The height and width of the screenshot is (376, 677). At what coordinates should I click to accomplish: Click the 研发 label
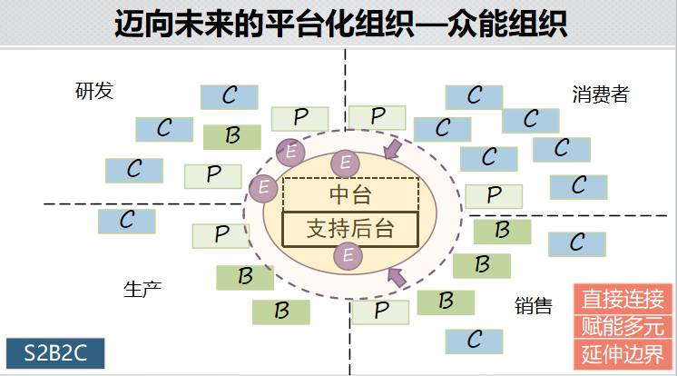tap(94, 91)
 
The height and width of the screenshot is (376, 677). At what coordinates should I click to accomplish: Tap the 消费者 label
tap(601, 94)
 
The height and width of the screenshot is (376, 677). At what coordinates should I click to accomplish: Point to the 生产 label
tap(142, 289)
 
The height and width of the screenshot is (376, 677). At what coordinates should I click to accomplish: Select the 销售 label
tap(533, 306)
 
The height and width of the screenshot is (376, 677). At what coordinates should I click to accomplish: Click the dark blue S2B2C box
tap(55, 351)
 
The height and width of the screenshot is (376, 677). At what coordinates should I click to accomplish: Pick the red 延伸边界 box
tap(623, 354)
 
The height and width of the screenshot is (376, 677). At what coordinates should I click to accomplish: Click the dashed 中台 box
tap(350, 193)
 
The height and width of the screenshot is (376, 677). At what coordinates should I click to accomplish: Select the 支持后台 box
tap(350, 228)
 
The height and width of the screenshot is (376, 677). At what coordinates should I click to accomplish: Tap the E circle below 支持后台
tap(346, 257)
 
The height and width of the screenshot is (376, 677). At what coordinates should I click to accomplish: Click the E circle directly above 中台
tap(345, 163)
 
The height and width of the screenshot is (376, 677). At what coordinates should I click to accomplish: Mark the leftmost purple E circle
tap(263, 187)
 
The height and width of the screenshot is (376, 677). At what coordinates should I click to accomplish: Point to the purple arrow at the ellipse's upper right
tap(393, 149)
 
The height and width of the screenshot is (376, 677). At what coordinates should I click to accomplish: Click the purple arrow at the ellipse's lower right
tap(396, 276)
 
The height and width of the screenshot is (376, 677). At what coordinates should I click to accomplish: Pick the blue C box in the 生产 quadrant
tap(126, 220)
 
